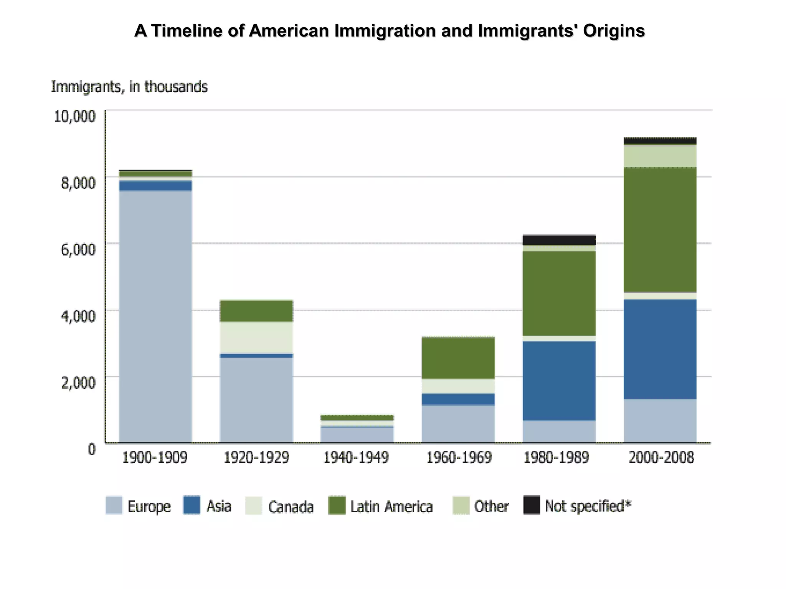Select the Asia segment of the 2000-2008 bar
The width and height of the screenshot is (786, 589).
click(x=660, y=349)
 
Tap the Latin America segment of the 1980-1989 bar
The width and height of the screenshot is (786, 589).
click(x=559, y=294)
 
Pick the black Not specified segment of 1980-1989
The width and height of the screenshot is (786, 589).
click(x=559, y=240)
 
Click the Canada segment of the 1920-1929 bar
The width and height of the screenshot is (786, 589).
click(x=256, y=337)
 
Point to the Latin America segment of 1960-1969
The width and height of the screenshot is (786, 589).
click(x=458, y=358)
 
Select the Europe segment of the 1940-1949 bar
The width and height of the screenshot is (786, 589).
click(x=357, y=435)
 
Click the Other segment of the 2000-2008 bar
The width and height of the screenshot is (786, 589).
click(x=660, y=156)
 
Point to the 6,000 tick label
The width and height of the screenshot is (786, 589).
click(x=78, y=249)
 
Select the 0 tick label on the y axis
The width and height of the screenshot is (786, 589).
click(x=91, y=449)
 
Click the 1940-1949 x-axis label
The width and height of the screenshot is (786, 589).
click(x=356, y=457)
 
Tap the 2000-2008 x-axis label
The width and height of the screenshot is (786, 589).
click(x=661, y=457)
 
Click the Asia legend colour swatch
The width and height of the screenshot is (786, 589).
click(x=192, y=505)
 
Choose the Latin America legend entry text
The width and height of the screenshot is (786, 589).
click(x=391, y=507)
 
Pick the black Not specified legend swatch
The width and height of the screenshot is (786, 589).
click(x=532, y=505)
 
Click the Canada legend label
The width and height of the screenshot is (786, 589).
click(x=291, y=507)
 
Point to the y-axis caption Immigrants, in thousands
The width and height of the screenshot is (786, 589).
click(x=129, y=87)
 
